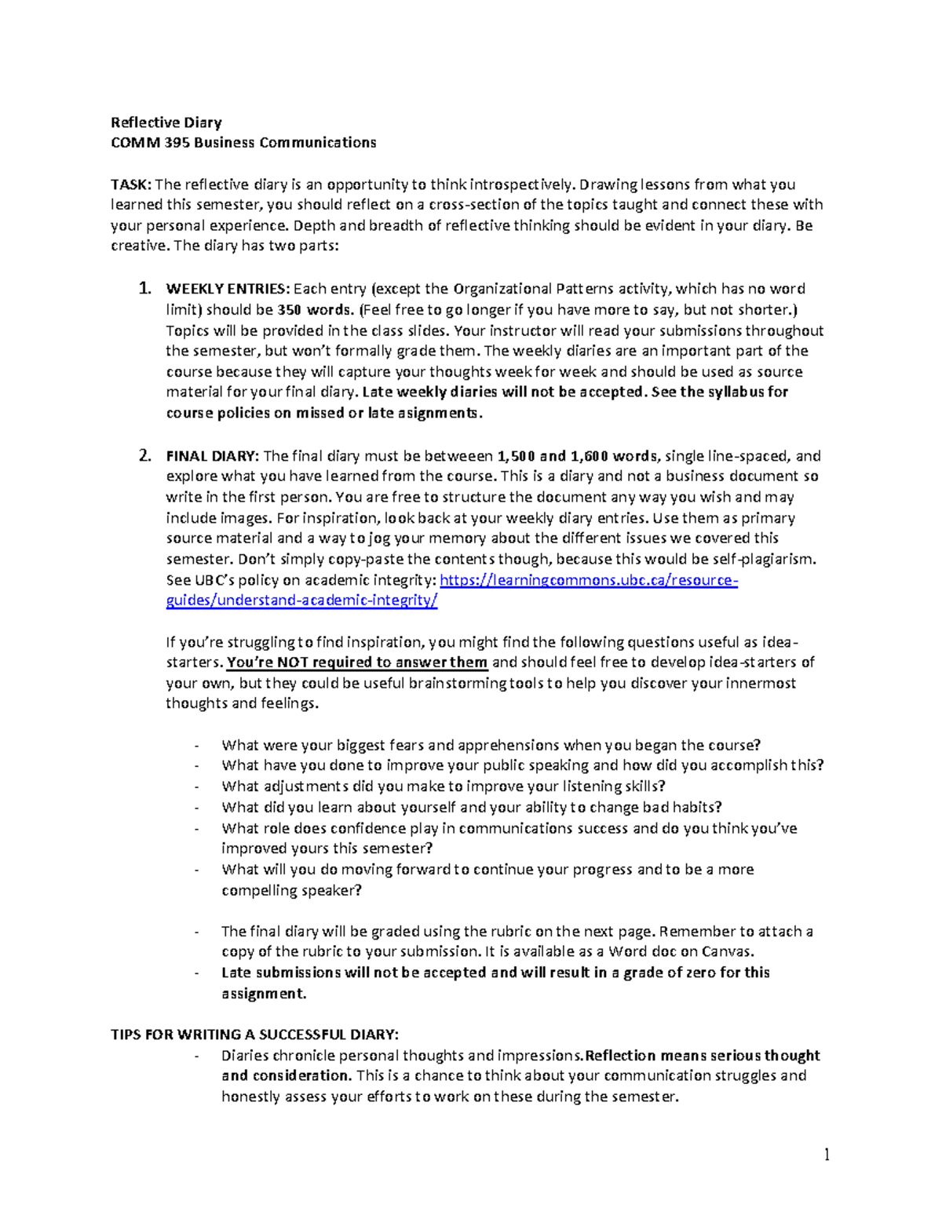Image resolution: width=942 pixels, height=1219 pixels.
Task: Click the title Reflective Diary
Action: tap(166, 122)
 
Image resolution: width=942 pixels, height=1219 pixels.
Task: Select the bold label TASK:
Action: tap(131, 185)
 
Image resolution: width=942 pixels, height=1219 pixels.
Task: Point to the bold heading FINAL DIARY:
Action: tap(212, 456)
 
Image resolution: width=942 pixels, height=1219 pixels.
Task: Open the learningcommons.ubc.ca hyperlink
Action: tap(589, 581)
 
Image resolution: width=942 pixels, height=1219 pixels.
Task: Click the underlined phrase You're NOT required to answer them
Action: tap(357, 662)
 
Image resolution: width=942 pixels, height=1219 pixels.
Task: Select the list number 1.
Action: tap(144, 289)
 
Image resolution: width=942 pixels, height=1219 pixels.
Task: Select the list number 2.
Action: tap(144, 456)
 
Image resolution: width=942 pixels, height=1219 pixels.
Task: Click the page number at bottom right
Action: tap(827, 1155)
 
